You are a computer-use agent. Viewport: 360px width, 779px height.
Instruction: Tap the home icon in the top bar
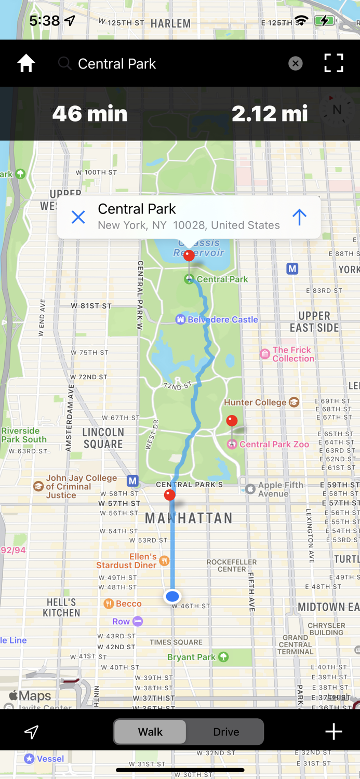pos(26,63)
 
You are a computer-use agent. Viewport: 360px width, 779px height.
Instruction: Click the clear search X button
pos(296,63)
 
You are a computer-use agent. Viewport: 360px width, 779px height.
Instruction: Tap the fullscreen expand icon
pos(334,63)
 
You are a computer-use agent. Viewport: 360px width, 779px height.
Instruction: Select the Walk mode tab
pos(150,732)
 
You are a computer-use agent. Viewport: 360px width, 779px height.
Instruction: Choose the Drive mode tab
pos(226,732)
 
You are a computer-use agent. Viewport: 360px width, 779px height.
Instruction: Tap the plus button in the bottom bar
pos(334,732)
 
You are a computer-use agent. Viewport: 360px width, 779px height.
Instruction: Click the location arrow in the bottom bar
pos(32,732)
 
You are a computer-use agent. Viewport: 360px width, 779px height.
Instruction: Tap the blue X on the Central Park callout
pos(78,217)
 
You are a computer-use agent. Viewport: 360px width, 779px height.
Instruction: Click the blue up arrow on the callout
pos(299,217)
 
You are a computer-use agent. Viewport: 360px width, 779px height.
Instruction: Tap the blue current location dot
pos(172,597)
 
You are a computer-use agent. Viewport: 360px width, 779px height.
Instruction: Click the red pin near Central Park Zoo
pos(232,421)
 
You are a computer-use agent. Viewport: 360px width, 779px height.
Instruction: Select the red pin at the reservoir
pos(189,256)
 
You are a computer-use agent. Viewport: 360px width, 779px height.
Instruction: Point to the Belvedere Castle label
pos(222,319)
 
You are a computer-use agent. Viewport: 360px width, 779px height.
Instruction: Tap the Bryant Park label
pos(191,657)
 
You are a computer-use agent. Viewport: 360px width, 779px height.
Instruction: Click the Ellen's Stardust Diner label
pos(127,561)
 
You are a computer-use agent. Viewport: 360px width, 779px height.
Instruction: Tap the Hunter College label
pos(255,402)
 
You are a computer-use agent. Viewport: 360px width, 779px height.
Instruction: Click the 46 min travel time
pos(90,114)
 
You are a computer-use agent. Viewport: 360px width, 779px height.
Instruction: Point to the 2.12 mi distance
pos(270,114)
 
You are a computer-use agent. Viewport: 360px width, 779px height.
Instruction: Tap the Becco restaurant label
pos(128,603)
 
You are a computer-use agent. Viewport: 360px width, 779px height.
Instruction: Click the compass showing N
pos(337,110)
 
